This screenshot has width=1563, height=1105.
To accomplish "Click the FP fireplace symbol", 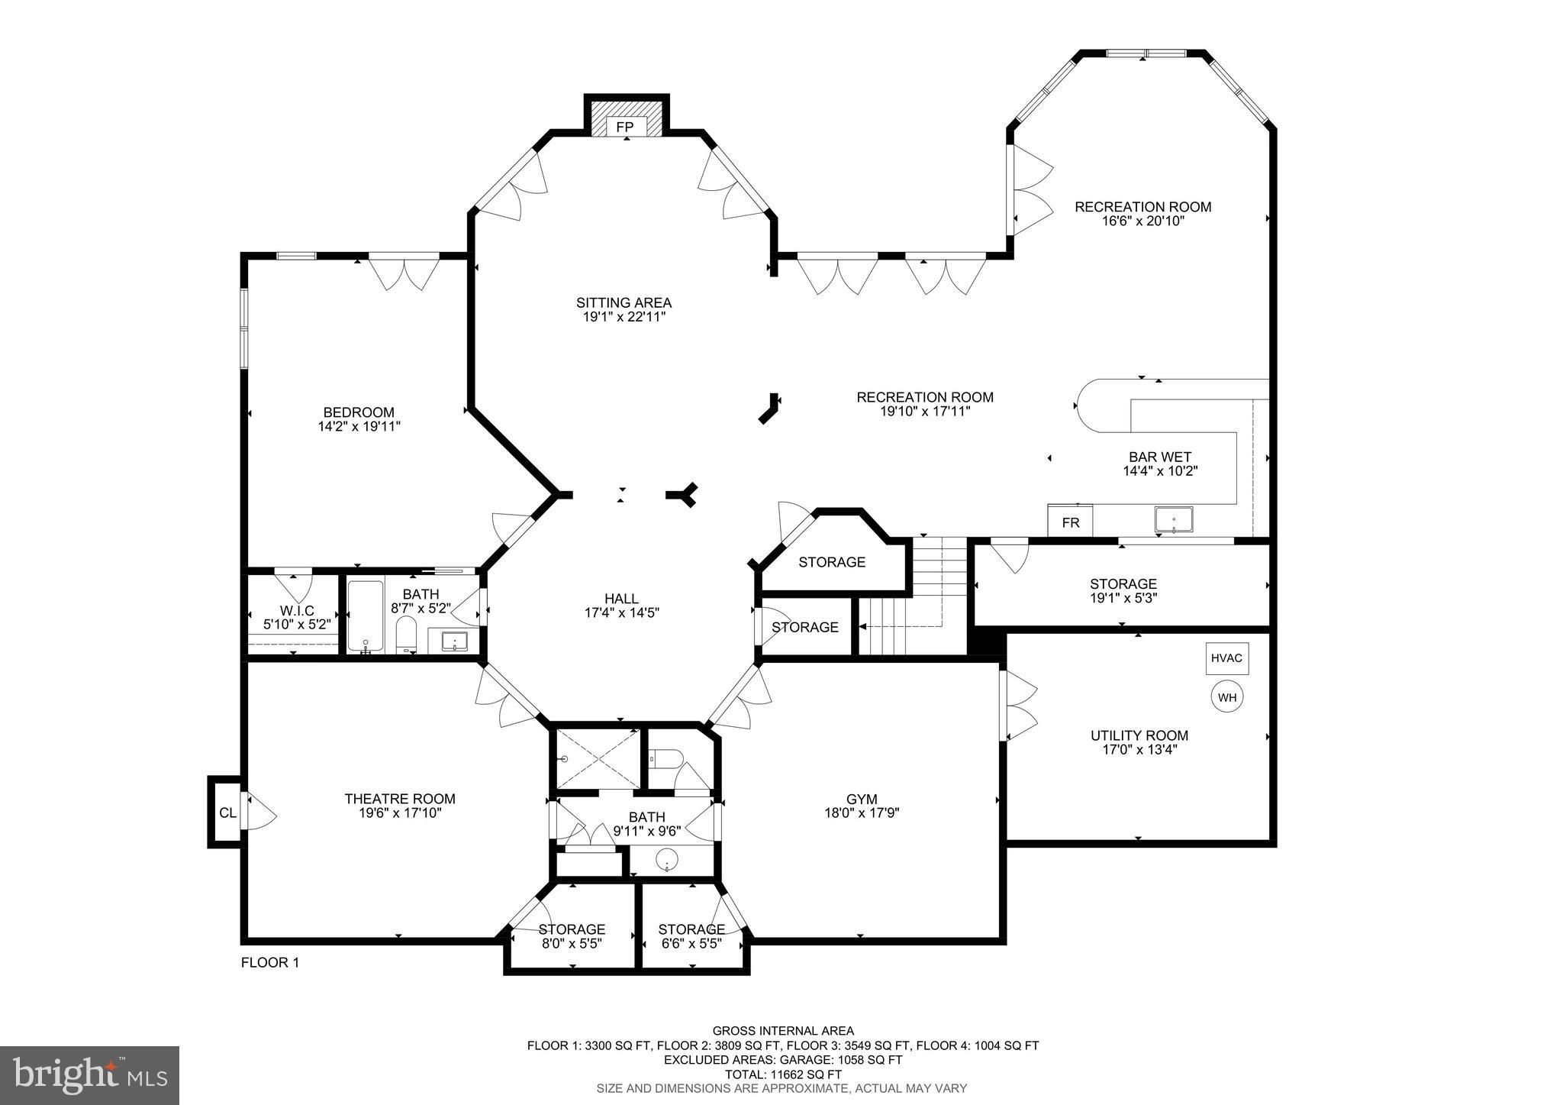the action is click(626, 127).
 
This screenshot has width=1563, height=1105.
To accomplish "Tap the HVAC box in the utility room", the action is click(1227, 658).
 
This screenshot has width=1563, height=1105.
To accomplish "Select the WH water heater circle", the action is click(1226, 697).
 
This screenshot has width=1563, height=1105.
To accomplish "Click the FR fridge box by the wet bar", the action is click(1070, 522).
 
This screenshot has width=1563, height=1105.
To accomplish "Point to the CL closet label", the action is click(227, 813).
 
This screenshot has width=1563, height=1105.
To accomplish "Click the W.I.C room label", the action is click(297, 611).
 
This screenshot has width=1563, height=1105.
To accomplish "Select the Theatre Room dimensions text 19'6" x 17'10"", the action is click(400, 813).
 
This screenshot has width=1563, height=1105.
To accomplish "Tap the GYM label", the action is click(862, 800).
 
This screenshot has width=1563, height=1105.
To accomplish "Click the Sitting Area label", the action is click(624, 303).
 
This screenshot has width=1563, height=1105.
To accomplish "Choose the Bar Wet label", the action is click(1160, 457).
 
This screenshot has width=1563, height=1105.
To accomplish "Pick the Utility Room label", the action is click(1139, 735).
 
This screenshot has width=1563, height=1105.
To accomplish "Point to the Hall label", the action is click(621, 599).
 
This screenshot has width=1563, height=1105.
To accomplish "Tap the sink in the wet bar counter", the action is click(1174, 519).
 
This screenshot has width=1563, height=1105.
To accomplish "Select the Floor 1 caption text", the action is click(270, 963).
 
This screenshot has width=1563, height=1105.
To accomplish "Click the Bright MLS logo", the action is click(89, 1075).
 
